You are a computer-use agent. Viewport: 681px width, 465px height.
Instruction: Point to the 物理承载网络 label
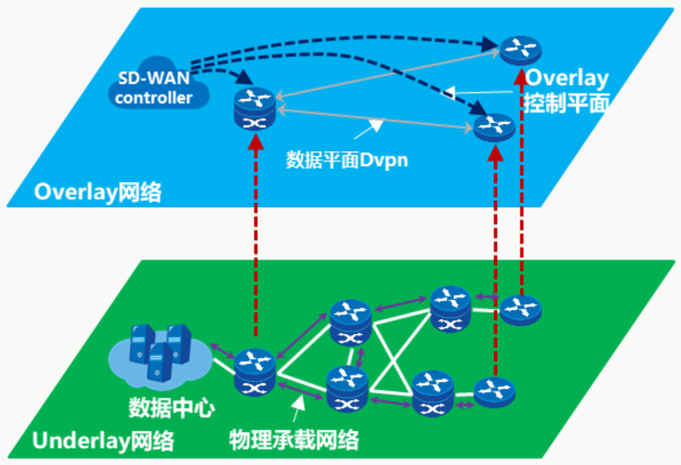point(294,439)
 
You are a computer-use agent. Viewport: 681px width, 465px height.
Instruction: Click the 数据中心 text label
point(172,407)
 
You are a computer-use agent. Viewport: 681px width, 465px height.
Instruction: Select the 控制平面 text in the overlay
point(568,104)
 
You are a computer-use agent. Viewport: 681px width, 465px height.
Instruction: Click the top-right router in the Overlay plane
point(520,49)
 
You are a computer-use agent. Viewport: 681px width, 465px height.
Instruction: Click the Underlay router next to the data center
point(253,372)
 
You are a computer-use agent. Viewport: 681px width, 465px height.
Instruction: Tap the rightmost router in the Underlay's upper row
point(520,308)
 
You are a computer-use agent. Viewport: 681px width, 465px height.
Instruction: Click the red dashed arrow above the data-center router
point(255,244)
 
